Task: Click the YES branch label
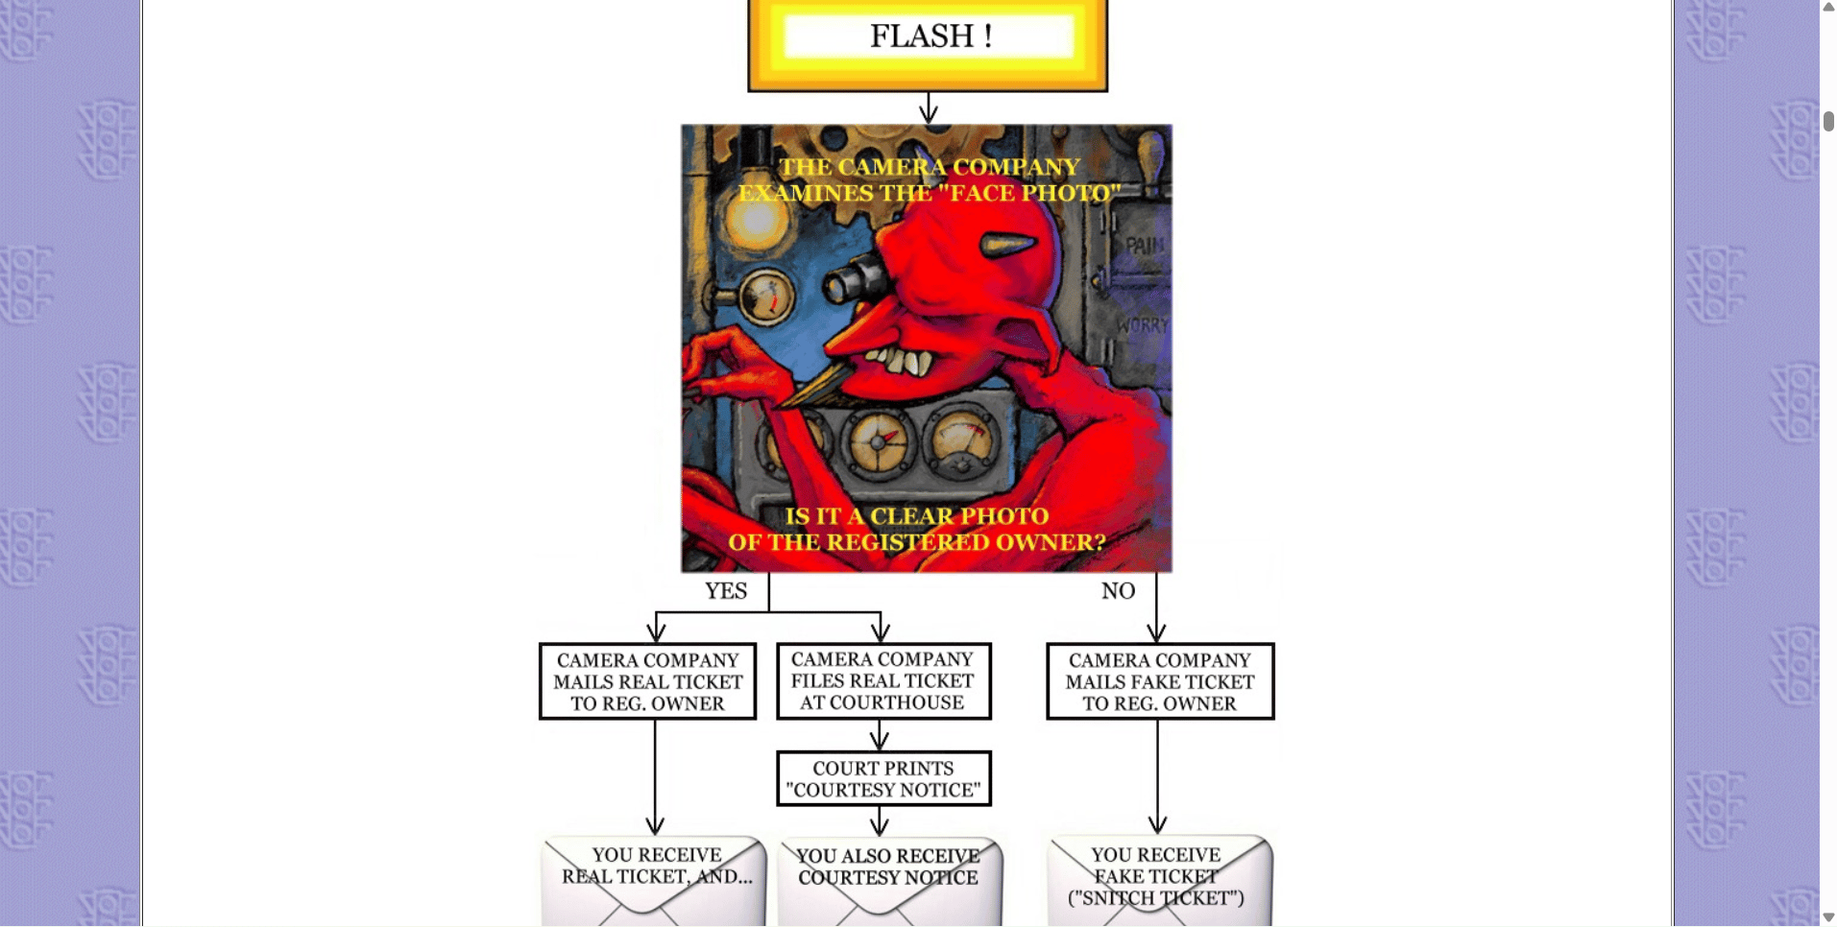coord(726,591)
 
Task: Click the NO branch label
coord(1118,591)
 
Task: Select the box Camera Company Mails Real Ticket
coord(648,681)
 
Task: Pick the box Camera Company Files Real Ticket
coord(883,681)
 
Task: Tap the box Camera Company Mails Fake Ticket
coord(1160,681)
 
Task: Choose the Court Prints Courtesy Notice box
coord(883,778)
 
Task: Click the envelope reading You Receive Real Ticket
coord(654,881)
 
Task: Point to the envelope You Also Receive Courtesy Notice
coord(889,881)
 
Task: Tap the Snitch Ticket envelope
coord(1159,881)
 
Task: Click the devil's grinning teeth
coord(898,362)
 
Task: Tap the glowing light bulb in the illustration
coord(757,220)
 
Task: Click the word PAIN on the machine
coord(1144,246)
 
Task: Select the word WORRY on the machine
coord(1142,325)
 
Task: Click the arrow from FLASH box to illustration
coord(928,108)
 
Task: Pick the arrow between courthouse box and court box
coord(880,735)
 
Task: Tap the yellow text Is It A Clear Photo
coord(917,516)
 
